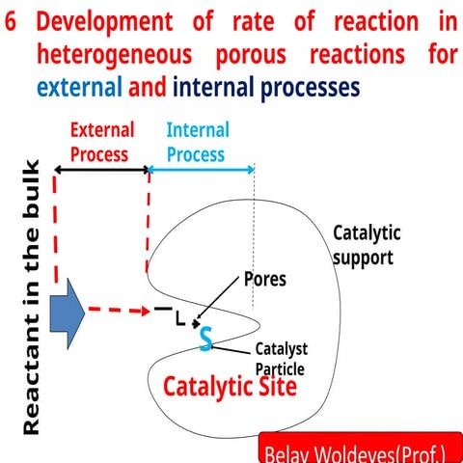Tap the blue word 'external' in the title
coord(79,87)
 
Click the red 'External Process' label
coord(102,141)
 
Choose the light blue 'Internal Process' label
coord(197,141)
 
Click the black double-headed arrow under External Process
coord(102,170)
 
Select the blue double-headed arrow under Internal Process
coord(201,170)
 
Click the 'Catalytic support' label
coord(366,244)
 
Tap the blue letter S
coord(205,339)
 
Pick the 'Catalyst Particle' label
coord(281,359)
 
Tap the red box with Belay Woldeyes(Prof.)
coord(361,451)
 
